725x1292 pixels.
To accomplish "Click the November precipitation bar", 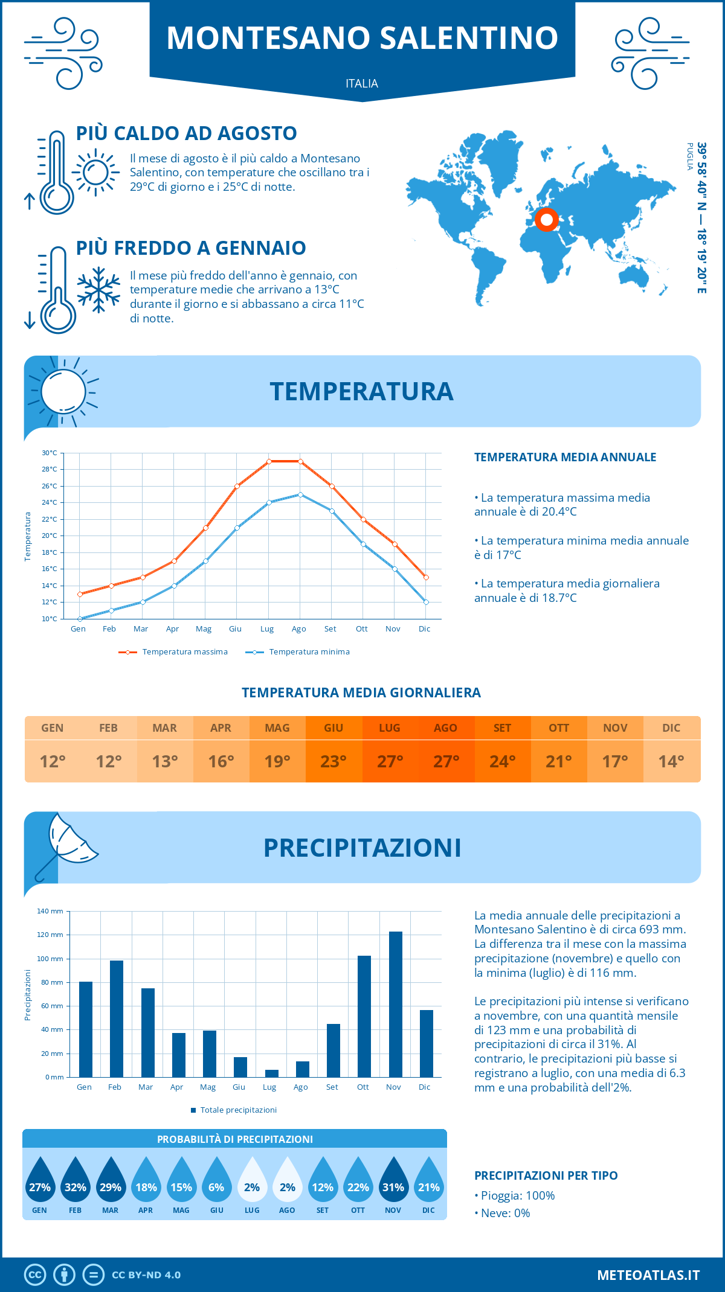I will click(395, 1004).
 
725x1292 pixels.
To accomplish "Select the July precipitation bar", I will click(272, 1073).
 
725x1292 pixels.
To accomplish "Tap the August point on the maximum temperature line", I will click(300, 461).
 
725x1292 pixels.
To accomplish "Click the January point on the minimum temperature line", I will click(80, 619).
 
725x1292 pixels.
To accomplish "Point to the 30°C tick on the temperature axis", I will click(50, 453).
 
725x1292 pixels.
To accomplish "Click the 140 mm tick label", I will click(50, 911).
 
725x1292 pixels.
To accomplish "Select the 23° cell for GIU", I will click(333, 761).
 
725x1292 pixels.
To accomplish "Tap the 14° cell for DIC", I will click(671, 761).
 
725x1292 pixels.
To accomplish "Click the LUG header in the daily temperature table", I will click(390, 728).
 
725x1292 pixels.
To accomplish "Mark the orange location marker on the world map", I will click(547, 220).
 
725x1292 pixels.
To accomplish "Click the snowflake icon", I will click(98, 290).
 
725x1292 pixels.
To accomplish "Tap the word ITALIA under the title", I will click(362, 84).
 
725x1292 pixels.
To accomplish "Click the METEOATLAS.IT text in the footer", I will click(648, 1275).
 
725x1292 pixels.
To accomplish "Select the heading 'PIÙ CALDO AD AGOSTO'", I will click(187, 133).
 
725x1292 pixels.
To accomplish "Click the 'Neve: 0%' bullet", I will click(505, 1214).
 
